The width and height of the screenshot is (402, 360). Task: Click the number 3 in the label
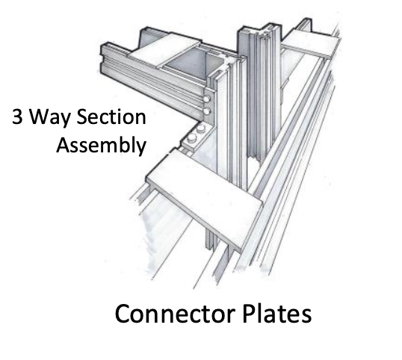click(x=17, y=117)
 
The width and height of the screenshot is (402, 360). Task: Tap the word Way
click(x=49, y=118)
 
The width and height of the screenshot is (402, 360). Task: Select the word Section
click(x=111, y=117)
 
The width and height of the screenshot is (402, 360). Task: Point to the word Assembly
click(x=102, y=146)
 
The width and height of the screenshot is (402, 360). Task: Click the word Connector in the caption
click(x=175, y=314)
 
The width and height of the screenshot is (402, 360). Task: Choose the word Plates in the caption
click(x=277, y=313)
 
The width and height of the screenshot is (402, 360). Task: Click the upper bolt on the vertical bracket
click(x=206, y=99)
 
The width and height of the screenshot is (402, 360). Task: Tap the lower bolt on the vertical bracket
click(x=206, y=111)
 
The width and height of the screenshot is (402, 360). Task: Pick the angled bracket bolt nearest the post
click(x=201, y=128)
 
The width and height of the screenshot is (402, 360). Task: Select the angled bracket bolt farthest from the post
click(x=192, y=138)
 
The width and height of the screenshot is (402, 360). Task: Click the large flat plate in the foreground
click(x=205, y=197)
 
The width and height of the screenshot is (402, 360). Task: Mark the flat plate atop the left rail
click(x=165, y=52)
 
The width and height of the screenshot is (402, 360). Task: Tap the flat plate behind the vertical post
click(x=312, y=43)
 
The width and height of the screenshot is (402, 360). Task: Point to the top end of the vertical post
click(x=259, y=30)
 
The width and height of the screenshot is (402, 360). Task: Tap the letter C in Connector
click(x=123, y=314)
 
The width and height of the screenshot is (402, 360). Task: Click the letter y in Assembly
click(x=141, y=147)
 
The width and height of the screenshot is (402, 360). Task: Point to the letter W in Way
click(x=40, y=117)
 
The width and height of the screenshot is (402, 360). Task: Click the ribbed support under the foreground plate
click(x=211, y=240)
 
